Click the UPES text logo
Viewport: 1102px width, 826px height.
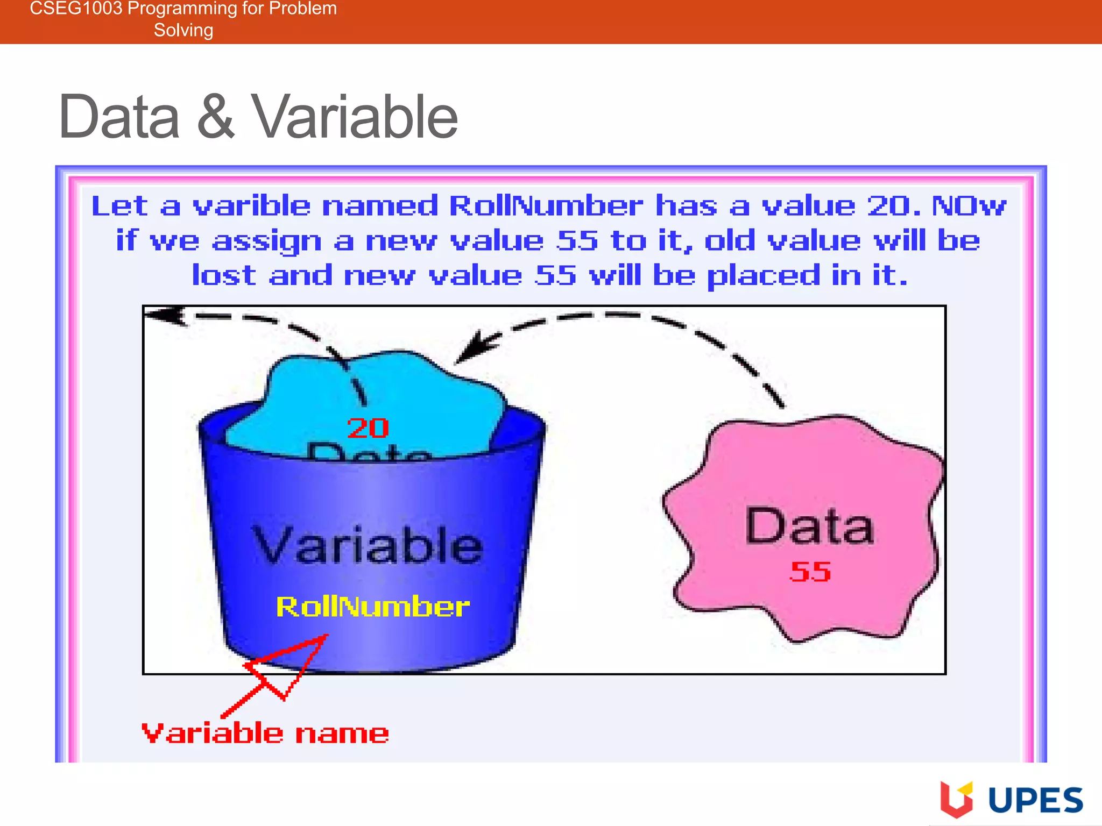click(x=1035, y=801)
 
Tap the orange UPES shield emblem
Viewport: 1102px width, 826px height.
click(x=956, y=799)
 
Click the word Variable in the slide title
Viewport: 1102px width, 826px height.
click(x=355, y=117)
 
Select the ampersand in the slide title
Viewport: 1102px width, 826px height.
click(x=215, y=117)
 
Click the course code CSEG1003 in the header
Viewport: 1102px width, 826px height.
click(x=76, y=9)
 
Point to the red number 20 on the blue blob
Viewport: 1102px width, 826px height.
click(x=368, y=429)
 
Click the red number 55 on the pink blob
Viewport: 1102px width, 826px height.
click(x=810, y=572)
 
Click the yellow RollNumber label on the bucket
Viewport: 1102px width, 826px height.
click(x=372, y=607)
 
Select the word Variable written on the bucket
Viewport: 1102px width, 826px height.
click(x=368, y=546)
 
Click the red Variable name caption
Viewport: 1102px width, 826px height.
click(x=265, y=734)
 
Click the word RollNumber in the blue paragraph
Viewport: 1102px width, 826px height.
click(x=546, y=206)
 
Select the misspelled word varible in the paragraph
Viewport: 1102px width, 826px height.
click(x=251, y=206)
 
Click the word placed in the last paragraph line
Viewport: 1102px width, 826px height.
click(x=763, y=276)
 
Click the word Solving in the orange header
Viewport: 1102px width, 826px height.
click(x=183, y=30)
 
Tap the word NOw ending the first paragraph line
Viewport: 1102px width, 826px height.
click(x=969, y=206)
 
